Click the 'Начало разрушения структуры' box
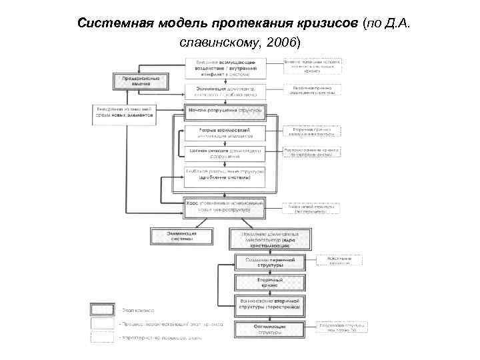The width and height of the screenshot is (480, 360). pos(225,109)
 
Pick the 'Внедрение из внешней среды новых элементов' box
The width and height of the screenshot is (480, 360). pos(124,112)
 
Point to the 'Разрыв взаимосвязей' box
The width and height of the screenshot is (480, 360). pos(225,133)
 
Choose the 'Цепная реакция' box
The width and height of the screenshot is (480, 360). pos(225,153)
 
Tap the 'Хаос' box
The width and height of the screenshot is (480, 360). pos(225,206)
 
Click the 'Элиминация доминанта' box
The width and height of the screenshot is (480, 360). pos(225,90)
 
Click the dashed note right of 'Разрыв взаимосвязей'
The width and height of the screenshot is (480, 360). pos(312,131)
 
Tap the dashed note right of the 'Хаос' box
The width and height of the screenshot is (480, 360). pos(312,209)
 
